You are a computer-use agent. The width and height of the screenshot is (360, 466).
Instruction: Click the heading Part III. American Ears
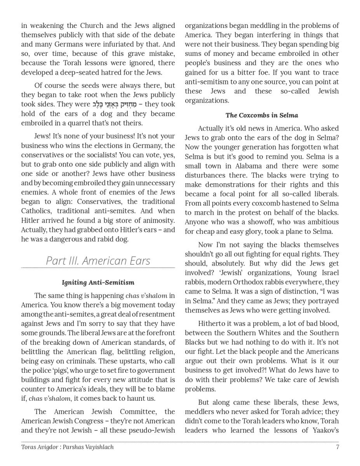click(98, 261)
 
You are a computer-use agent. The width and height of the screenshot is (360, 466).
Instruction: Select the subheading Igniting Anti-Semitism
click(98, 282)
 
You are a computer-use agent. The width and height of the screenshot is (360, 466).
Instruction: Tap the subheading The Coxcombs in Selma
click(262, 115)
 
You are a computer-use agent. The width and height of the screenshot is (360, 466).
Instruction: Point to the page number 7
click(337, 447)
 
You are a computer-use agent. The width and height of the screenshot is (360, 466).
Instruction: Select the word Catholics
click(37, 211)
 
